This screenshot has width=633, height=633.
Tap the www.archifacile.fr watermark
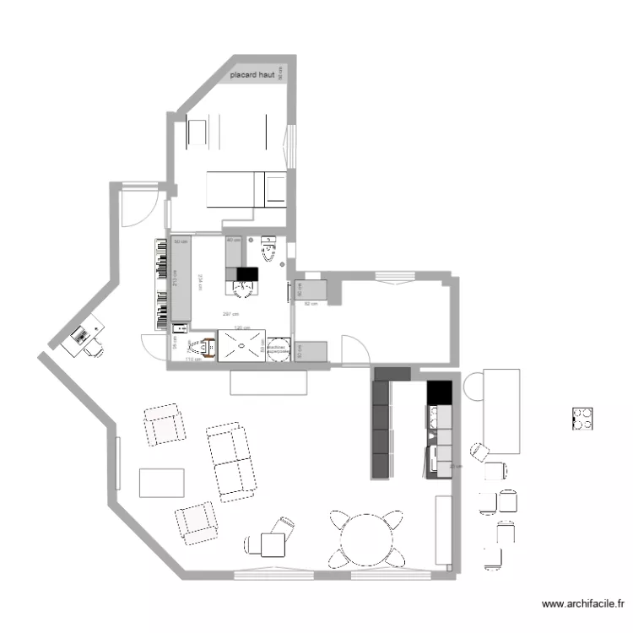pyautogui.click(x=582, y=604)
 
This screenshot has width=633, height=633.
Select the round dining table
pyautogui.click(x=366, y=537)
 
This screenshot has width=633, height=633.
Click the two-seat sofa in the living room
pyautogui.click(x=230, y=461)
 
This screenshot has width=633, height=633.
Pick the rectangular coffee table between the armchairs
pyautogui.click(x=161, y=483)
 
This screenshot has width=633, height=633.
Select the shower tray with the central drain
pyautogui.click(x=241, y=345)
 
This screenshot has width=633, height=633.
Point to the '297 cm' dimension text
pyautogui.click(x=228, y=314)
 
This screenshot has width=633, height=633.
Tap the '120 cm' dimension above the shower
pyautogui.click(x=241, y=327)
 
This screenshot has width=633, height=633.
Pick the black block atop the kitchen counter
pyautogui.click(x=438, y=392)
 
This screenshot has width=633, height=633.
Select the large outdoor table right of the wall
pyautogui.click(x=501, y=411)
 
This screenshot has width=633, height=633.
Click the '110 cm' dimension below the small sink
pyautogui.click(x=191, y=360)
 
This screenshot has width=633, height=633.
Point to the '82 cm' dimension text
pyautogui.click(x=310, y=302)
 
